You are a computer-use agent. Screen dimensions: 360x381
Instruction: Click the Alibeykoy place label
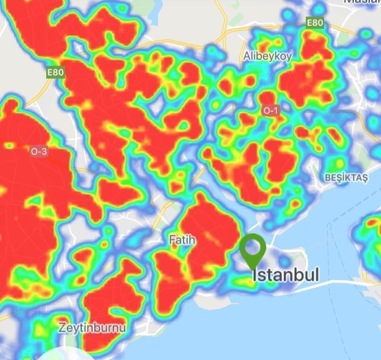point(268,56)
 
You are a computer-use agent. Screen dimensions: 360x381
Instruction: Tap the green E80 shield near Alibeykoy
point(315,23)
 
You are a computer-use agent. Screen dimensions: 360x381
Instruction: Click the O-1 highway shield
point(270,110)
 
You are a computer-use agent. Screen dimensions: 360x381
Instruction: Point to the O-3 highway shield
point(39,151)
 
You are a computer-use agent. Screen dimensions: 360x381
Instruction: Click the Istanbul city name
point(286,275)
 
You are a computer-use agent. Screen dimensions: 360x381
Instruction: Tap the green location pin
point(252,252)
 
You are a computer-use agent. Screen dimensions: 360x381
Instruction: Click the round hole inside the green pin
point(252,248)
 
